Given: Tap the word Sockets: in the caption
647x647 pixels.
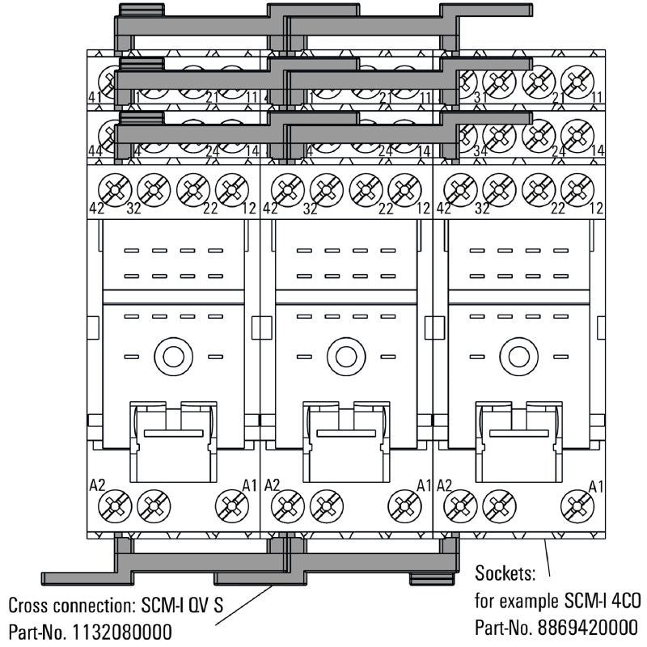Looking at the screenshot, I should (504, 576).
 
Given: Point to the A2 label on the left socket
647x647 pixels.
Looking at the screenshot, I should (97, 485).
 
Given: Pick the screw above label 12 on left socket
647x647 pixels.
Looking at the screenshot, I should (232, 190).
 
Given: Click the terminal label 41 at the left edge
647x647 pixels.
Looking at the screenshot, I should (95, 97).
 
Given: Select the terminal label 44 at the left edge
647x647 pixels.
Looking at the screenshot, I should (95, 150).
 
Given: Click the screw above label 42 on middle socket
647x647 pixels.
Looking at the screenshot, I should (287, 190).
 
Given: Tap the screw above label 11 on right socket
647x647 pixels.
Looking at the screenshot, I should (577, 80).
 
